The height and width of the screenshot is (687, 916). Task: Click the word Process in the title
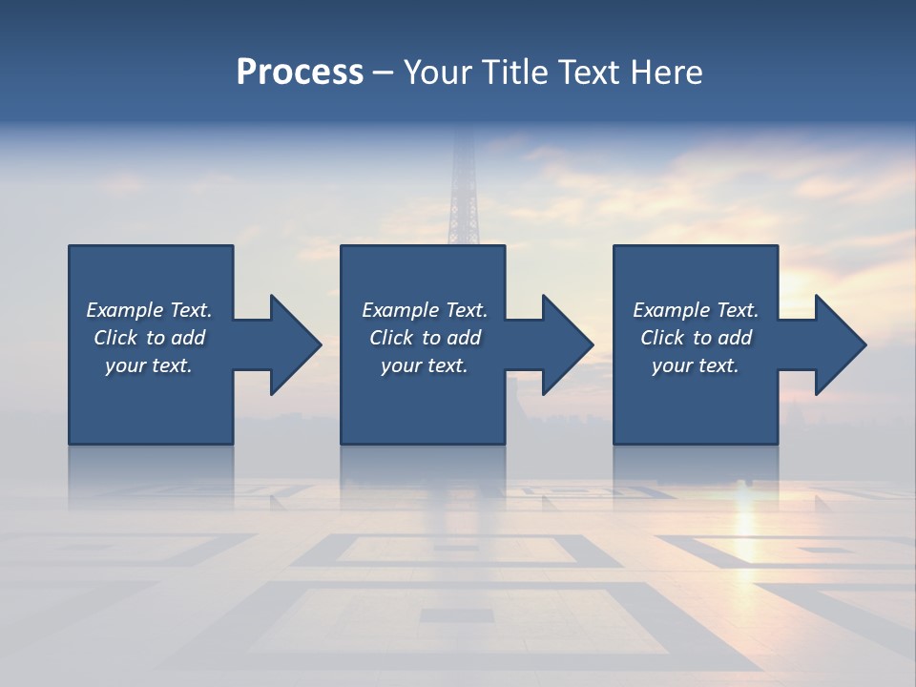300,73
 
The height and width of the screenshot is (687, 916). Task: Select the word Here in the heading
667,73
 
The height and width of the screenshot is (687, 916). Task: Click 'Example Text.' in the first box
150,310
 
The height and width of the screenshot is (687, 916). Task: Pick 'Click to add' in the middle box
425,338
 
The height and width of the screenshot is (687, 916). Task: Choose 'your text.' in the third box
696,365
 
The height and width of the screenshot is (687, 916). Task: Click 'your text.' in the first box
150,365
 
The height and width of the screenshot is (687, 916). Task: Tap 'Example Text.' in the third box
696,310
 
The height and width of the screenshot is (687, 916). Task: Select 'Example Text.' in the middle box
425,310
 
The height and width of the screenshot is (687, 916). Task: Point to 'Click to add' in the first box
150,338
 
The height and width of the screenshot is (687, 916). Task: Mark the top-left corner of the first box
70,246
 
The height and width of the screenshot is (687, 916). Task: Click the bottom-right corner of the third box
777,443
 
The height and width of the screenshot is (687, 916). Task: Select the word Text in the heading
593,73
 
